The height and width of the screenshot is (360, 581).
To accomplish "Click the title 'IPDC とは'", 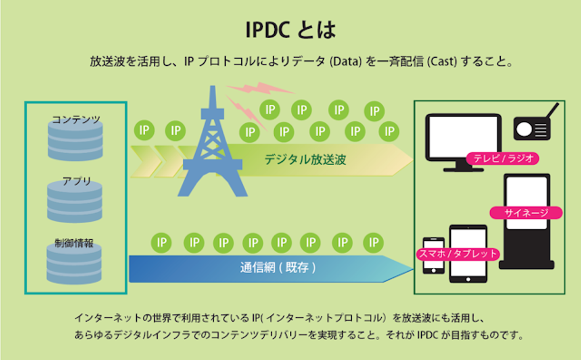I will click(290, 30).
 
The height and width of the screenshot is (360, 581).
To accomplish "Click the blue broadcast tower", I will click(213, 149).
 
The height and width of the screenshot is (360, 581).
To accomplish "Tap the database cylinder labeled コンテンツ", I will click(75, 141).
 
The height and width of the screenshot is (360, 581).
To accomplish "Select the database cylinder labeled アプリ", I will click(75, 202).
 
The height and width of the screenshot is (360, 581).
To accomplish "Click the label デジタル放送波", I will click(305, 160).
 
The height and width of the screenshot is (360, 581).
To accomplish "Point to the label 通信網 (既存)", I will click(278, 267).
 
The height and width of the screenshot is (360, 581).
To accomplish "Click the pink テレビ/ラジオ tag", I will click(503, 158).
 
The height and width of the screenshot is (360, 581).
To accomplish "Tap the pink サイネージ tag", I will click(526, 213).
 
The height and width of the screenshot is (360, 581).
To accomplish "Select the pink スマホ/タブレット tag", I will click(458, 254).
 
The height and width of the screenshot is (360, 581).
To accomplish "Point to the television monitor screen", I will click(463, 137).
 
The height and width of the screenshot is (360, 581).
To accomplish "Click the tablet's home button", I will click(468, 279).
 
